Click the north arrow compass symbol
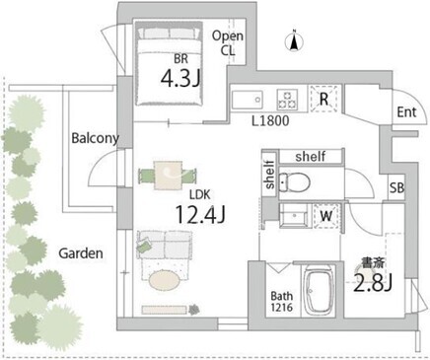pos(294,40)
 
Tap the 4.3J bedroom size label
pos(180,79)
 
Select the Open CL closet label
pos(228,43)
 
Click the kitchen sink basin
pos(247,99)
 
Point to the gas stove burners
pos(287,99)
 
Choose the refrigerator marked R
pos(323,99)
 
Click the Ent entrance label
pos(406,112)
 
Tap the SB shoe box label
pos(396,187)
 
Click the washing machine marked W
pos(326,216)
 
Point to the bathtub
pos(319,290)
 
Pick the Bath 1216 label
pos(281,302)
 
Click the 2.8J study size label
pos(373,283)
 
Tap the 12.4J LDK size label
pos(200,214)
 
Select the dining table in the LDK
pos(168,176)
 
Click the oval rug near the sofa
pos(165,280)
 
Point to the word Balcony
pos(95,138)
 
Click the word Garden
pos(81,253)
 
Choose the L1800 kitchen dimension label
pos(270,121)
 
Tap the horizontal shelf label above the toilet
pos(311,156)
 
